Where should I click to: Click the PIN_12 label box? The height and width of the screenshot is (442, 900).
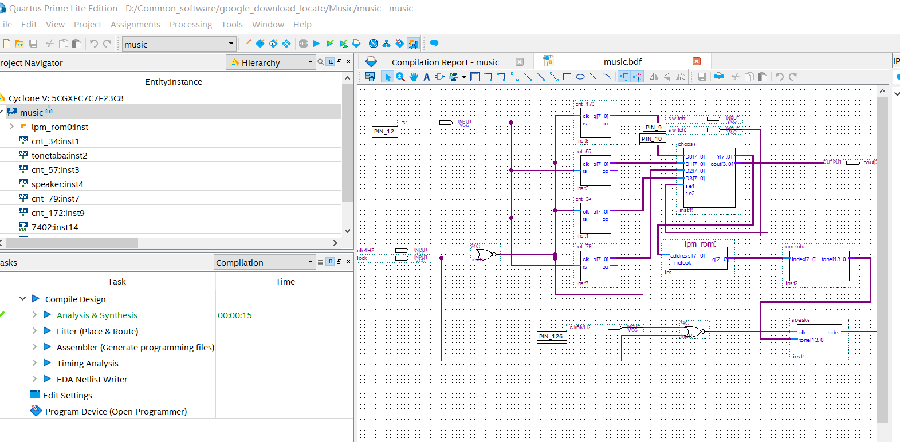pos(384,132)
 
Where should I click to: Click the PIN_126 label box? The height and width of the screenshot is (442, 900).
pos(551,337)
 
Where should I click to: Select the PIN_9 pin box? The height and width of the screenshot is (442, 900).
pos(654,128)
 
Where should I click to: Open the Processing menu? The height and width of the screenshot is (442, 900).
pos(190,25)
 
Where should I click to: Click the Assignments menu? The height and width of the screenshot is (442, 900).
pos(135,25)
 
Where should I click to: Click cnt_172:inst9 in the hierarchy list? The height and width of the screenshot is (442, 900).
pos(58,213)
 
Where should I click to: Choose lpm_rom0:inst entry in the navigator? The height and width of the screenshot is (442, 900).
pos(60,127)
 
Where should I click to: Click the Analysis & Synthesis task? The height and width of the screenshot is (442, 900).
pos(97,315)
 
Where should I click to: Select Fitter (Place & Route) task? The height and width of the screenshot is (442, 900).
pos(97,331)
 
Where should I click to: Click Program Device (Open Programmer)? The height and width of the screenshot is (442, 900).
pos(116,412)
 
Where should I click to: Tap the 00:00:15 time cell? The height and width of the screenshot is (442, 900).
pos(235,315)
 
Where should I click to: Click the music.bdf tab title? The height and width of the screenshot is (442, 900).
pos(622,62)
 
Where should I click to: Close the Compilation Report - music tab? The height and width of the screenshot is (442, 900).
pos(520,62)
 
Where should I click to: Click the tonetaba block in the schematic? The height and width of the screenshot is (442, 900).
pos(819,265)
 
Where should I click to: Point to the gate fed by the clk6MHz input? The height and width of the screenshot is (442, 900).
pos(693,331)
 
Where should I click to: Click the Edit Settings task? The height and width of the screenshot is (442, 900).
pos(67,396)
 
